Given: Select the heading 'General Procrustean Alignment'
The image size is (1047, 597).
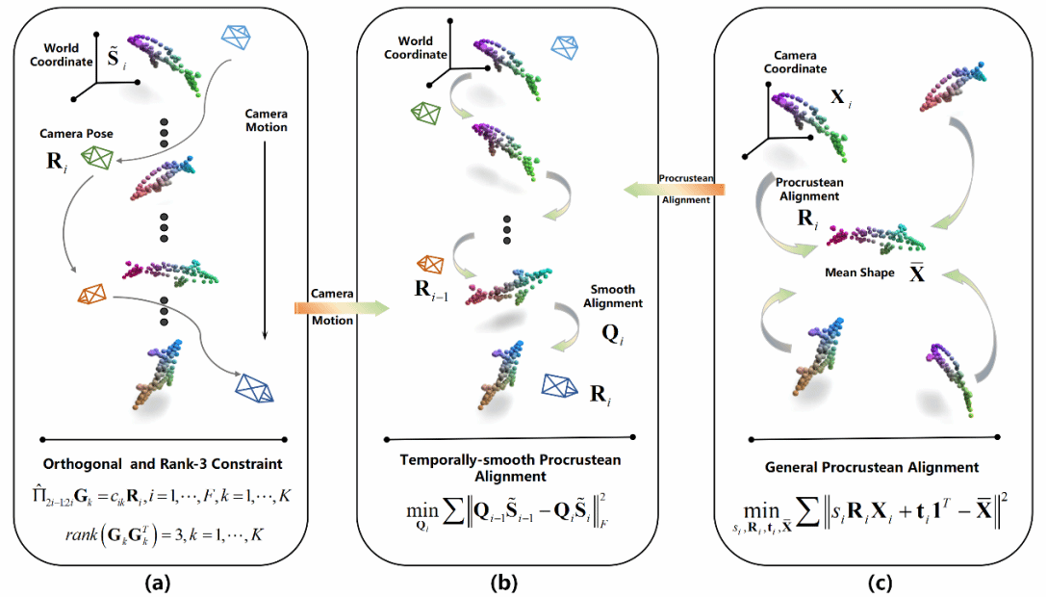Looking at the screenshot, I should (x=872, y=467).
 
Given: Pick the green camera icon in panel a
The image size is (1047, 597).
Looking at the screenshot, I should (x=97, y=157).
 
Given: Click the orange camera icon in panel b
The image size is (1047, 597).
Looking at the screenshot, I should (x=431, y=263).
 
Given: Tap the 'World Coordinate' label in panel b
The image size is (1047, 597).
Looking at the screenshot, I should (x=416, y=47).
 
